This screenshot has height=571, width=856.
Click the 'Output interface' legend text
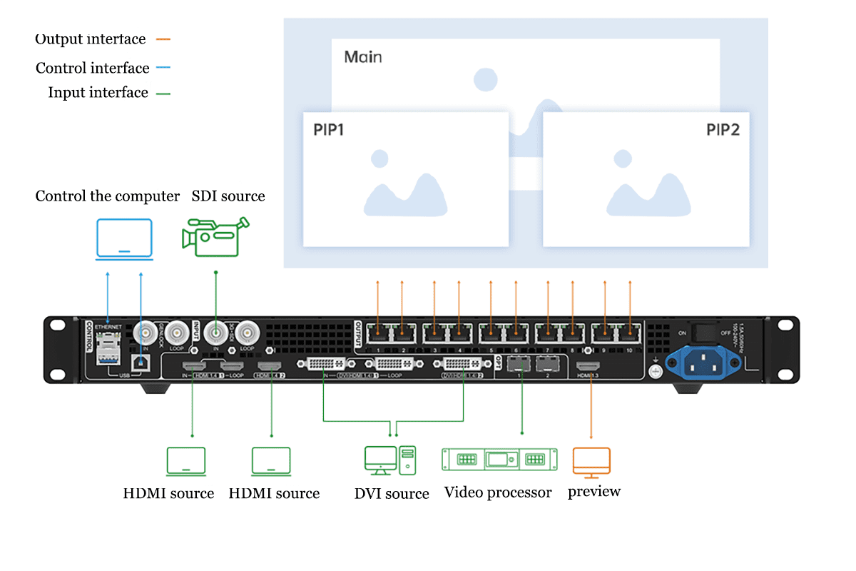(90, 39)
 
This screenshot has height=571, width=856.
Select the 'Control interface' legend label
(93, 69)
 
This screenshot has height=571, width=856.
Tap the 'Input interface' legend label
(98, 93)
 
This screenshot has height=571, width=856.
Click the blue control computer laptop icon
(124, 240)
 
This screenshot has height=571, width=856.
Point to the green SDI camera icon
(214, 238)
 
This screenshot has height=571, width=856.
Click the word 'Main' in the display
(363, 57)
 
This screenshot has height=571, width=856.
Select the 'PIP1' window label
(329, 130)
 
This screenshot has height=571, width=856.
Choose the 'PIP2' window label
(723, 130)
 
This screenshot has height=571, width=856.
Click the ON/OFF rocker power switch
(705, 333)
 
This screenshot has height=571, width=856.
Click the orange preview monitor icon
(591, 463)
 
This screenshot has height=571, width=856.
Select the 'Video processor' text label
(498, 492)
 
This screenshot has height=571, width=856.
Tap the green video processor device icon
(498, 459)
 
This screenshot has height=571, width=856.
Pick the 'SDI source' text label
(228, 196)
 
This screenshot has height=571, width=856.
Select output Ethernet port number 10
(630, 331)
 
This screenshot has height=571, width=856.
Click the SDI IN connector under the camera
(216, 332)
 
